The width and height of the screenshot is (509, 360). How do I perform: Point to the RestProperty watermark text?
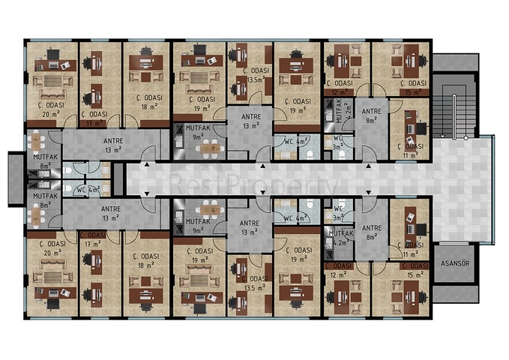point(255,183)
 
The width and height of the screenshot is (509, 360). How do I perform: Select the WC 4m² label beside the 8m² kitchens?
point(87,189)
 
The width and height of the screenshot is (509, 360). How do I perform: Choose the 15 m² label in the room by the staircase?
point(412,93)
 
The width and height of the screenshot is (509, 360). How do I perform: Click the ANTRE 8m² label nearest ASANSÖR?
point(372,232)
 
